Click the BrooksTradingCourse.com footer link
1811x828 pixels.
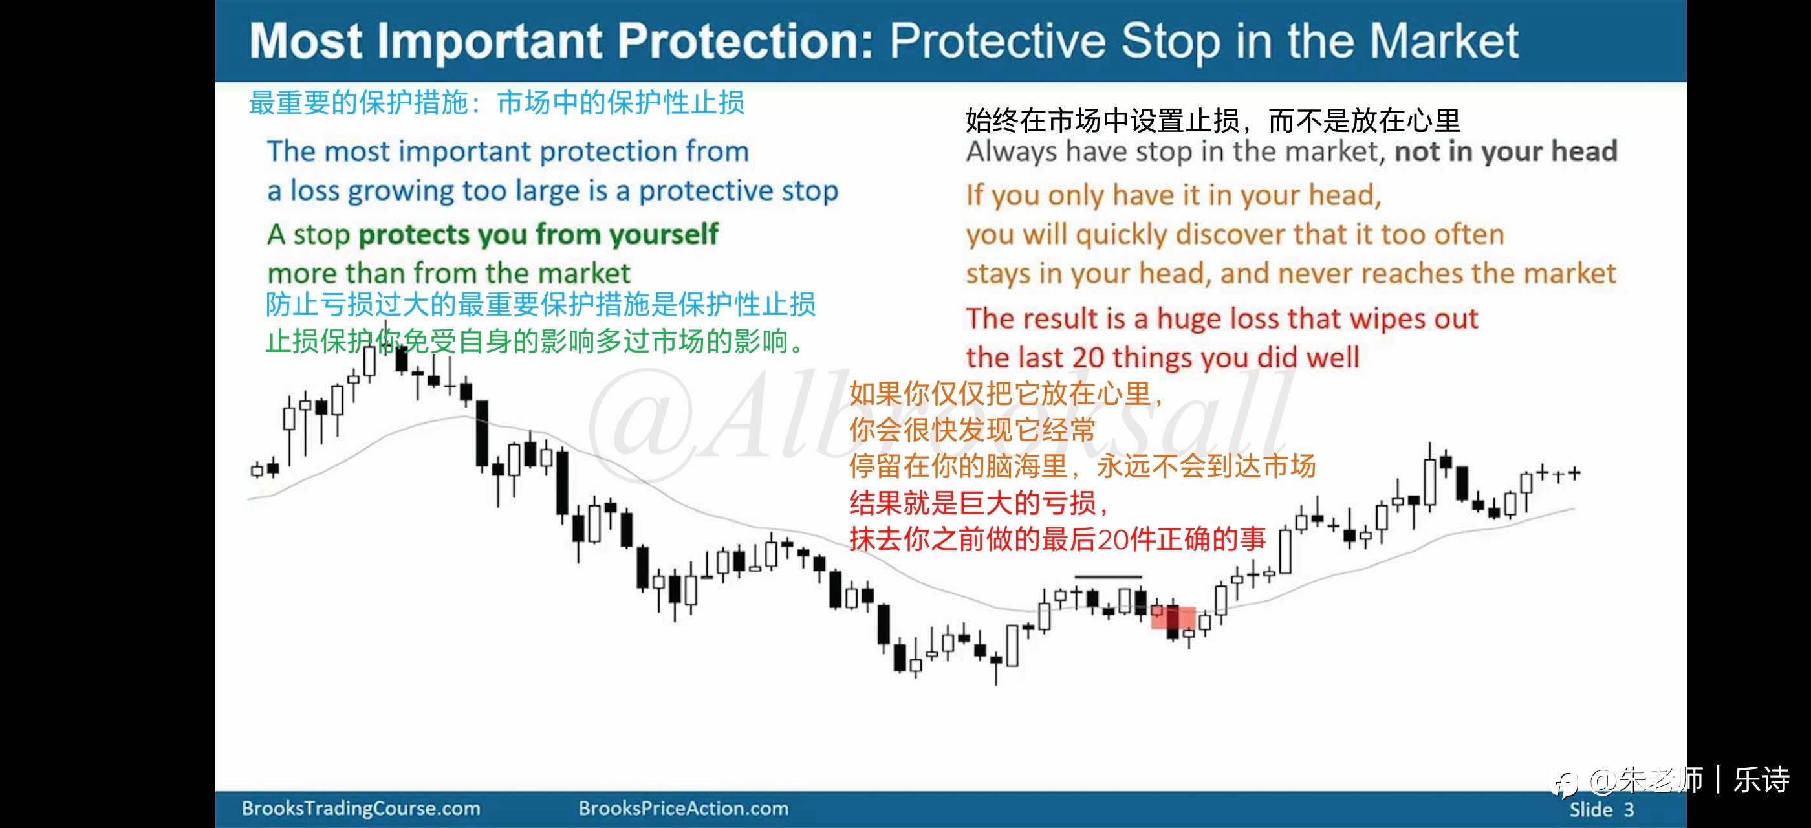[x=361, y=809]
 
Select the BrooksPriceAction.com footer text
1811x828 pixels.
[x=684, y=809]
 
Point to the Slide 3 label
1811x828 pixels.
[x=1601, y=810]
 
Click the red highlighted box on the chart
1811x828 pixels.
[x=1173, y=618]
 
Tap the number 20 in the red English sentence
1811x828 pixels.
[x=1089, y=358]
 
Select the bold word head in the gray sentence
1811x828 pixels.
[x=1583, y=151]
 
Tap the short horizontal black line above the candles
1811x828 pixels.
[x=1109, y=577]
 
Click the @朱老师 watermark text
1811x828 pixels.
[x=1645, y=780]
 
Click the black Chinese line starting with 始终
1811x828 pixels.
[x=1213, y=121]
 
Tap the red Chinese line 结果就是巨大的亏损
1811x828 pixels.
[x=979, y=503]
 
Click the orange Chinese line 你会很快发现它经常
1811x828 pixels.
[x=972, y=430]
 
